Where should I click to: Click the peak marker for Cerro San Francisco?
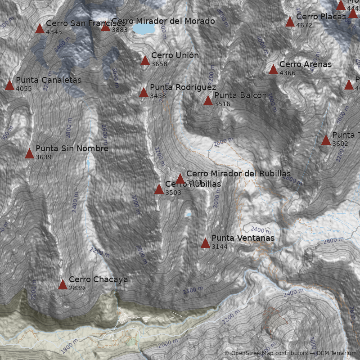(x=40, y=29)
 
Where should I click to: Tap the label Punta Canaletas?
(x=49, y=80)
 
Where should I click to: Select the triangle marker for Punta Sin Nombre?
(x=29, y=154)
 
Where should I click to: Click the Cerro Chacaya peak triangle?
(x=63, y=284)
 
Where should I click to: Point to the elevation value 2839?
(x=77, y=288)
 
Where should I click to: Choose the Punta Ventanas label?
(x=243, y=238)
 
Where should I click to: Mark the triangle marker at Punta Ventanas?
(x=205, y=243)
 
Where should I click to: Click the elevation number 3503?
(x=173, y=193)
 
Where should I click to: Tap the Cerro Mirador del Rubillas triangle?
(x=180, y=179)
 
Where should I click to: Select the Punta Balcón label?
(x=240, y=95)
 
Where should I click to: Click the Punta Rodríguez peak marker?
(x=144, y=93)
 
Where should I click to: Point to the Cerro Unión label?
(x=175, y=55)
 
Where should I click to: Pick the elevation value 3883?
(x=120, y=30)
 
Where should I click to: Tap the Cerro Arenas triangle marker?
(x=273, y=70)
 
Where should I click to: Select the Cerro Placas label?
(x=321, y=17)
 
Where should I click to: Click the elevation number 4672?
(x=304, y=25)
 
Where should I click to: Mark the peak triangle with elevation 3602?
(x=326, y=140)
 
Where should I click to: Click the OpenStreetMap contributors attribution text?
(x=269, y=353)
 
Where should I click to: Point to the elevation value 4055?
(x=24, y=89)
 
